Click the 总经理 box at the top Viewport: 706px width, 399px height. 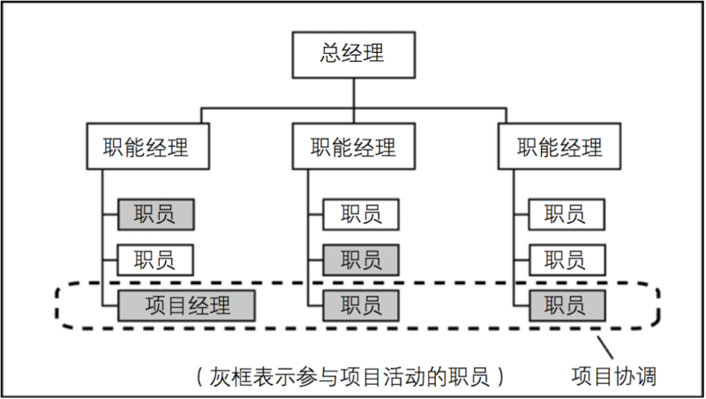tap(352, 54)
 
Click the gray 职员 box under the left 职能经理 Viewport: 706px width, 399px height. tap(155, 214)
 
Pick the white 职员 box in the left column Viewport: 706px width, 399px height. tap(155, 260)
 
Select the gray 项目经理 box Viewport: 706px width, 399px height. tap(186, 305)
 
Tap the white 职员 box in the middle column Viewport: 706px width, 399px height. tap(360, 214)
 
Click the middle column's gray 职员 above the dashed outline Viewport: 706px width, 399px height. tap(360, 260)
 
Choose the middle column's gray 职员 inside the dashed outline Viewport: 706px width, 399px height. tap(360, 305)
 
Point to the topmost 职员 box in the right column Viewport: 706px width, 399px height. tap(567, 214)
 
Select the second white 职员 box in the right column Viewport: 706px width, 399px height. tap(567, 260)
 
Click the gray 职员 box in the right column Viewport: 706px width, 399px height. tap(567, 305)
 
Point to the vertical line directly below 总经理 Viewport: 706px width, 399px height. tap(352, 93)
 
